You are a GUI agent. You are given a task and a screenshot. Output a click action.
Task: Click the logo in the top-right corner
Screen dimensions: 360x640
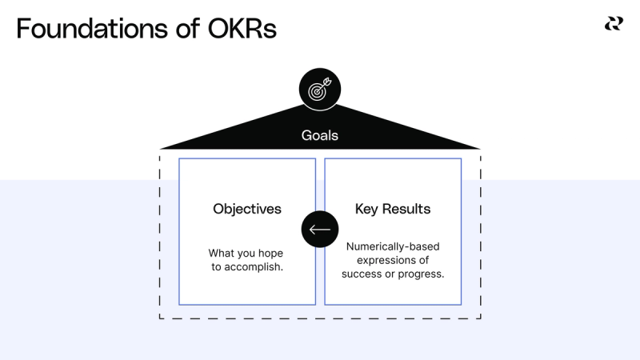click(614, 24)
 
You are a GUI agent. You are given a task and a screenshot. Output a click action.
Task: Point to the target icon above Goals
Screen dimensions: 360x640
click(319, 89)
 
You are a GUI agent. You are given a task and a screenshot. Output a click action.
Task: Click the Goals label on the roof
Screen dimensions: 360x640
click(319, 135)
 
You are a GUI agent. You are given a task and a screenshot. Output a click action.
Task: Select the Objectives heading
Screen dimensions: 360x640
click(247, 209)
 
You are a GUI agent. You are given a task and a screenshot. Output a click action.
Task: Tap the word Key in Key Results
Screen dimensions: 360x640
click(367, 209)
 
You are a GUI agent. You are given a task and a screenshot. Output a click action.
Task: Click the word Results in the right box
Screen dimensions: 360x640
click(406, 209)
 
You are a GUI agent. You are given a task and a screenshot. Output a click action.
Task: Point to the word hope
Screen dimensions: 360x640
click(268, 253)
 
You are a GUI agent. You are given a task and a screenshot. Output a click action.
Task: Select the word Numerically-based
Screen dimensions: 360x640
click(393, 246)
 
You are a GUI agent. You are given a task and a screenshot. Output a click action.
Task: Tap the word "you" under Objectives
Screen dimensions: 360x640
click(246, 253)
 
